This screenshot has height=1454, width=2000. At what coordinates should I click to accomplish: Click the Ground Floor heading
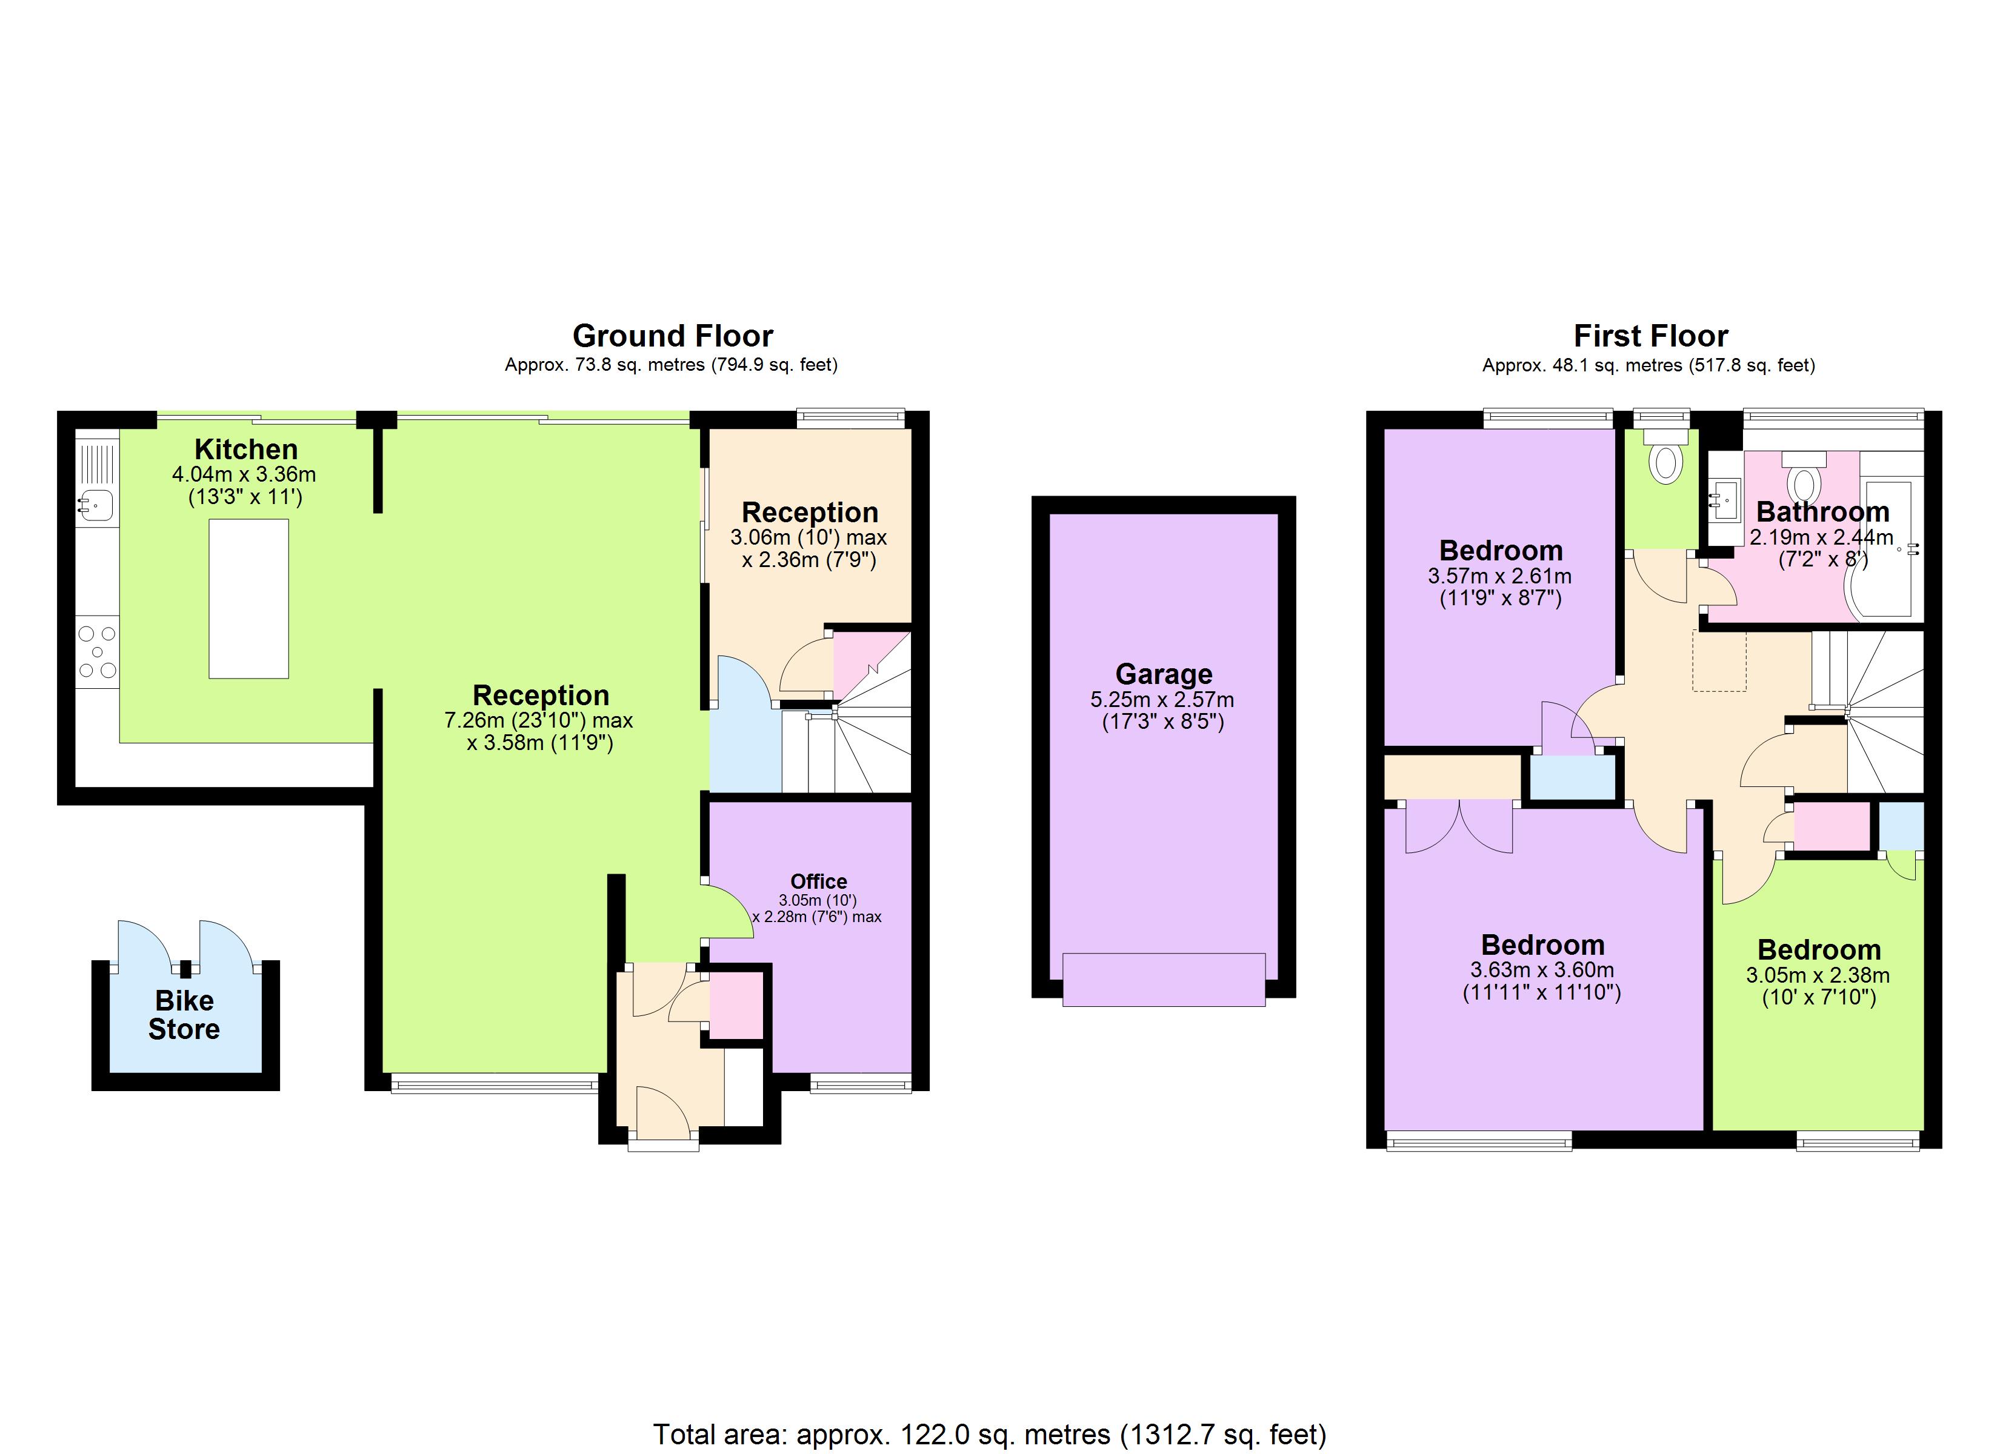(x=672, y=336)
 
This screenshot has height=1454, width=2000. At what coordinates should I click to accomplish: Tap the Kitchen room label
(x=246, y=449)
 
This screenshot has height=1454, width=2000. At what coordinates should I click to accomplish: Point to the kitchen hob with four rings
(x=97, y=652)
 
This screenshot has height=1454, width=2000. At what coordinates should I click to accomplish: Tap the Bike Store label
(x=184, y=1015)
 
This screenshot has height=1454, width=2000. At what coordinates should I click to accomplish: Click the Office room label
(x=818, y=881)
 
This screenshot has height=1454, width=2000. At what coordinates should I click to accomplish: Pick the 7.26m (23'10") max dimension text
(x=539, y=720)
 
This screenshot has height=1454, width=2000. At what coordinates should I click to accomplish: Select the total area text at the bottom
(x=990, y=1435)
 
